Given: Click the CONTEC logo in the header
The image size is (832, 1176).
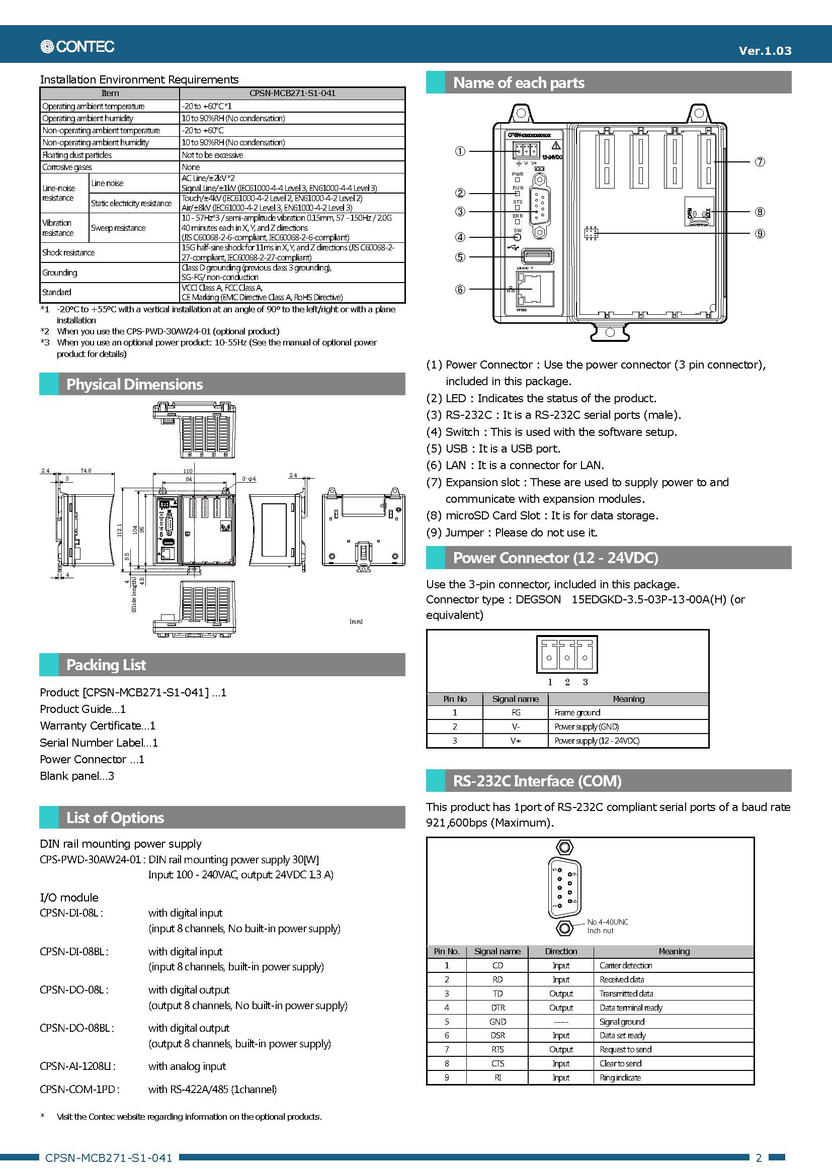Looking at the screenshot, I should coord(77,47).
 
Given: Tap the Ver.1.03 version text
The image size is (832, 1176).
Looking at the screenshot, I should coord(765,51).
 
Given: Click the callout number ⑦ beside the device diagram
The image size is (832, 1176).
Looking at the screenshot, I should coord(760,162).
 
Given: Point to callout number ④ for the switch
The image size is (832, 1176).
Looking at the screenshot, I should coord(460,237).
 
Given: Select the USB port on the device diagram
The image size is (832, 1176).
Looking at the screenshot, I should coord(537,255).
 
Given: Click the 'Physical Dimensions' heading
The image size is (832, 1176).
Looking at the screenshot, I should coord(134,384).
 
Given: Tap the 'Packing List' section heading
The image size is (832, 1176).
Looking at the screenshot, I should coord(106,665).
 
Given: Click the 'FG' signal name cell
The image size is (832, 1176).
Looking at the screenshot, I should coord(516,712).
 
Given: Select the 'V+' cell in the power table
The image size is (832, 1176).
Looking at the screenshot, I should coord(516,741).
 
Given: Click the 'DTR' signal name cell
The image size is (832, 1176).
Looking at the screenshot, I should coord(497,1008).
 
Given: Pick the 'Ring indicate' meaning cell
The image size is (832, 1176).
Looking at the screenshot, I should coord(620,1077).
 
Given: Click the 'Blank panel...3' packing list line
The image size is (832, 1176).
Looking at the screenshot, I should coord(77,776).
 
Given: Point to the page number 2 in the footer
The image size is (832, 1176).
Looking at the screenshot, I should coord(759,1157).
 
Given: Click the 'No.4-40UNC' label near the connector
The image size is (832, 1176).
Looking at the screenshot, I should coord(607,922).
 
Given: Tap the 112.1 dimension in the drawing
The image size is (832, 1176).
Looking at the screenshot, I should coord(119,529).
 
